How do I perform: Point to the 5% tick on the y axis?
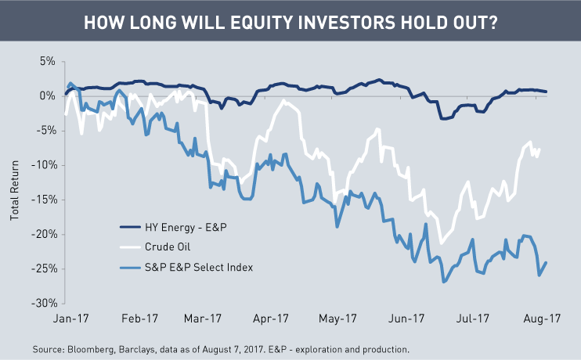47,60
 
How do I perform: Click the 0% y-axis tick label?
47,95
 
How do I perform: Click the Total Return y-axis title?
15,182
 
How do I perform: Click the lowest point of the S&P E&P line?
444,283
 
